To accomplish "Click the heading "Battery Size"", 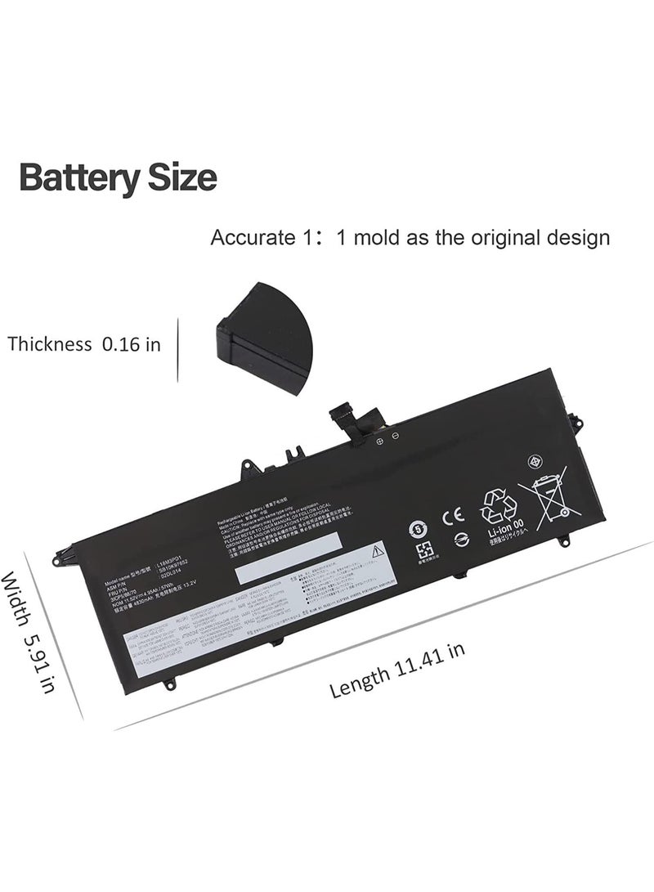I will pyautogui.click(x=118, y=177).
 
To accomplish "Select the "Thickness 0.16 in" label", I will pyautogui.click(x=84, y=343).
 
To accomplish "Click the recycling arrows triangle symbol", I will pyautogui.click(x=499, y=505).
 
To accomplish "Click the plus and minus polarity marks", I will pyautogui.click(x=387, y=438).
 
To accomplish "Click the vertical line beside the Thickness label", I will pyautogui.click(x=177, y=343).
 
